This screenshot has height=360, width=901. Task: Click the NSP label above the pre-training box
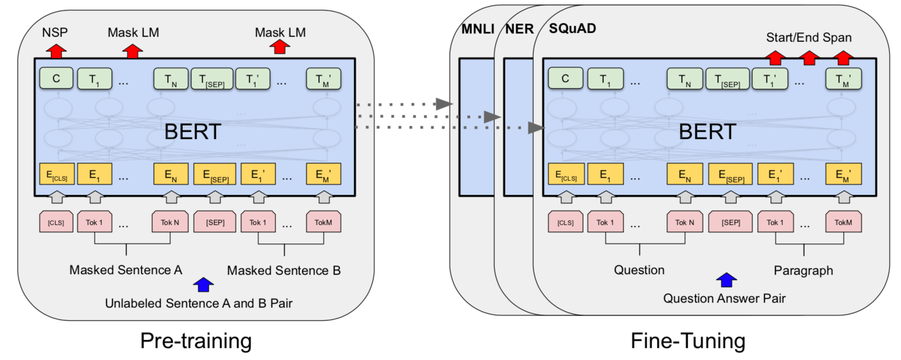pos(55,32)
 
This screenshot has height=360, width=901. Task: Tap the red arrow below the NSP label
pos(56,51)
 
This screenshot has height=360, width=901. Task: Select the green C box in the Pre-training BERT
pos(56,79)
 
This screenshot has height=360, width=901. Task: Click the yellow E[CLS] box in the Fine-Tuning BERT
pos(566,175)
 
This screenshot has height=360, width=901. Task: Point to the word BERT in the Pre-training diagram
pos(193,132)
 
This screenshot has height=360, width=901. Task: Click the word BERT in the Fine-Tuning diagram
pos(707,132)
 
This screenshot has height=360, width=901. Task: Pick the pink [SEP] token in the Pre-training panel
pos(215,222)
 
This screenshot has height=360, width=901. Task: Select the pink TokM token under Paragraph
pos(843,222)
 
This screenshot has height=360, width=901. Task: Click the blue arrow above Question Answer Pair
pos(726,280)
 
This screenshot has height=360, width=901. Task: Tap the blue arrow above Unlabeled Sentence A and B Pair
pos(204,284)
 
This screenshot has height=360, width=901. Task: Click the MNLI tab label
pos(478,29)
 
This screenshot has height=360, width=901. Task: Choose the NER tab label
pos(519,29)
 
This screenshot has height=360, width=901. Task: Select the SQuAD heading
pos(573,28)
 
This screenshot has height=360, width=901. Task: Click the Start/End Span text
pos(808,38)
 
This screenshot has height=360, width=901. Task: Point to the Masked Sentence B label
pos(284,270)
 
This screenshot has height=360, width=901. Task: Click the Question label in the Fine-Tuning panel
pos(639,270)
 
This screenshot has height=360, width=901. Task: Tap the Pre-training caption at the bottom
pos(196,341)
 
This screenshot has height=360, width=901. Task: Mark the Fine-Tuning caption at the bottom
pos(688,341)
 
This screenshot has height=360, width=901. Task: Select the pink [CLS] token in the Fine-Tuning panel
pos(565,222)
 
